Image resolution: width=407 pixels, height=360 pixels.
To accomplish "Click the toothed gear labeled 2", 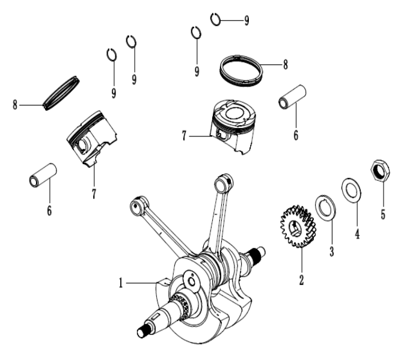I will click(297, 228).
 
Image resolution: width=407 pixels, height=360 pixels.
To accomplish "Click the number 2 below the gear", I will click(302, 279).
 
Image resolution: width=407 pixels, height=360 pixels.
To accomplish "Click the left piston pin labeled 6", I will click(42, 175).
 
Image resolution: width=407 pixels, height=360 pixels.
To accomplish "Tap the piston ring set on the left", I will click(62, 92).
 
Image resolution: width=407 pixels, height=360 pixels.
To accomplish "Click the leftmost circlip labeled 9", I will click(111, 55).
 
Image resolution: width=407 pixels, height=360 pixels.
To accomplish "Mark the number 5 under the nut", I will click(383, 213).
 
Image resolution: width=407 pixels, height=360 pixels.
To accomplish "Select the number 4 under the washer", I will click(357, 233).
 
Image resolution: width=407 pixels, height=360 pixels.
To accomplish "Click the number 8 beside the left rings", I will click(14, 105).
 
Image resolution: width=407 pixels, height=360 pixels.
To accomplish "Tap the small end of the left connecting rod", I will click(137, 206).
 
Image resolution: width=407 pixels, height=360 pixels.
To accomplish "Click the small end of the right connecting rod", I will click(225, 180).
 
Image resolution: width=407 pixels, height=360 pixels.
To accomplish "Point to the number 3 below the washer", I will click(331, 251).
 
